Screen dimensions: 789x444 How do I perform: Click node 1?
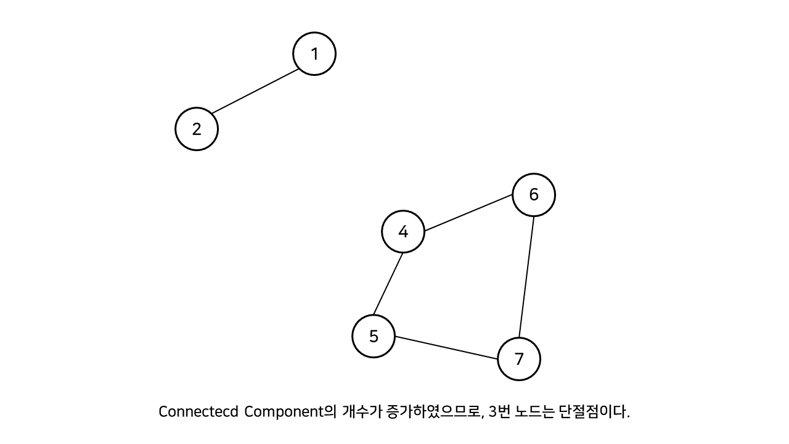tap(314, 54)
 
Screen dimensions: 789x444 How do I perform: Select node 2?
tap(197, 129)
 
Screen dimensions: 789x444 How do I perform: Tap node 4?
tap(403, 232)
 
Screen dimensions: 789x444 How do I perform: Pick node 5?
tap(374, 336)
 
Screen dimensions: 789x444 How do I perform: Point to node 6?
tap(534, 195)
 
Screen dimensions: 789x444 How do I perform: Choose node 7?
tap(519, 359)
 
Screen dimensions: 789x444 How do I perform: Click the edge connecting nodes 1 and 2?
tap(255, 91)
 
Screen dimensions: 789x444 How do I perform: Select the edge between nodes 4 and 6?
tap(468, 213)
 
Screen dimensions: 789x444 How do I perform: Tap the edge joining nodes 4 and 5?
tap(388, 284)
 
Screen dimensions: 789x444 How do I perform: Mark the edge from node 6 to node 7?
tap(526, 277)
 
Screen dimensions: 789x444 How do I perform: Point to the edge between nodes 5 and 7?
tap(446, 348)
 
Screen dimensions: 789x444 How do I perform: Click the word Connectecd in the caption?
tap(198, 412)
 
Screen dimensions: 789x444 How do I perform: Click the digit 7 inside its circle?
tap(519, 359)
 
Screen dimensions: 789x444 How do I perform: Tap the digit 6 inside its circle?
tap(534, 195)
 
